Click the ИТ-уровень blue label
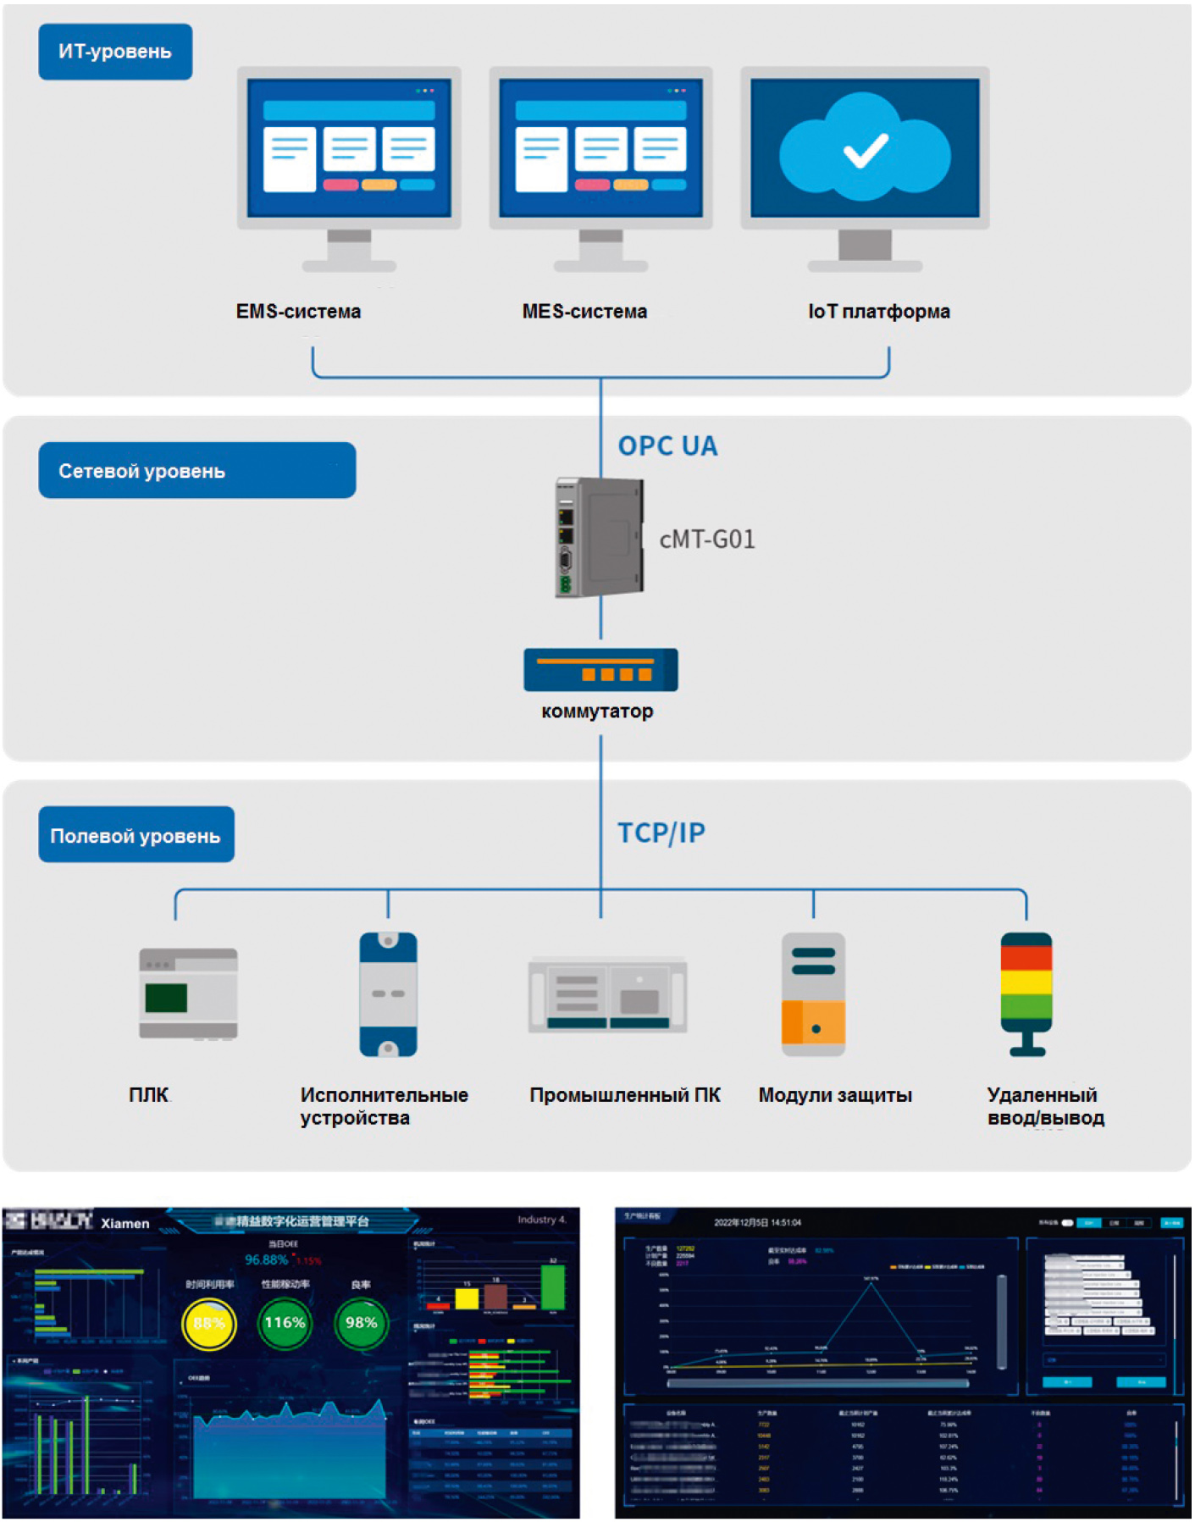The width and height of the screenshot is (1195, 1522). coord(115,52)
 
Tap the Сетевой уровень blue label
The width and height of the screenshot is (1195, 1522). coord(196,471)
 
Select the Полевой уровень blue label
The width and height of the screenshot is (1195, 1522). coord(136,835)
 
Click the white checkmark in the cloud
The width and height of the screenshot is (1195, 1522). coord(866,151)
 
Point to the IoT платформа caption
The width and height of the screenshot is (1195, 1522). coord(878,312)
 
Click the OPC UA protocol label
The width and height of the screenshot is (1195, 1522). coord(667,446)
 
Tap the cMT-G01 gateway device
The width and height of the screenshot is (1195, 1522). coord(599,538)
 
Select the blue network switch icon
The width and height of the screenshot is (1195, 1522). coord(600,670)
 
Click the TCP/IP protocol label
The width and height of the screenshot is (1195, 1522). coord(661,833)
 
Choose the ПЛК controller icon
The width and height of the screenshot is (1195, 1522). coord(188,993)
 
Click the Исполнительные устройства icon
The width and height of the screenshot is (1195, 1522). coord(388,994)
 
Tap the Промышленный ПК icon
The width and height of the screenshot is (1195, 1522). coord(607,994)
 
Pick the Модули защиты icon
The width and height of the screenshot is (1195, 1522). coord(813,994)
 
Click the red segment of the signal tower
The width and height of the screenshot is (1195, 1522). coord(1026,957)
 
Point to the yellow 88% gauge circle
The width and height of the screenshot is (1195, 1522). coord(209,1323)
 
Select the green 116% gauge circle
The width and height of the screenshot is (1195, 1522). coord(285,1323)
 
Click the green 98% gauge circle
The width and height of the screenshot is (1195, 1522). coord(361,1323)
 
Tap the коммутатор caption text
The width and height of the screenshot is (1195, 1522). coord(597,711)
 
